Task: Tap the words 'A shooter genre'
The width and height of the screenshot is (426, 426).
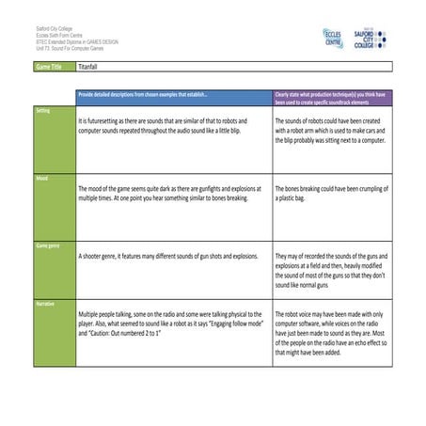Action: click(x=103, y=256)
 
